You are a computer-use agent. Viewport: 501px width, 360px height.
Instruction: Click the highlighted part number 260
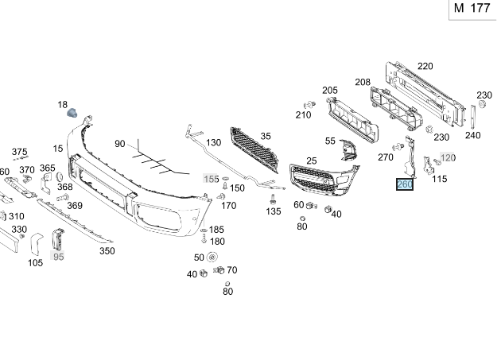405,184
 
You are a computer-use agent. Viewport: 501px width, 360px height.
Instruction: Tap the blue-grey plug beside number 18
72,113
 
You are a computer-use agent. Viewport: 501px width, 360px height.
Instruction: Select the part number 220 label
425,66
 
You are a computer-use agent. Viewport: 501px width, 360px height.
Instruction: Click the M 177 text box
473,10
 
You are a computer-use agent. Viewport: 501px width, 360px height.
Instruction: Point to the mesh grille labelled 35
254,149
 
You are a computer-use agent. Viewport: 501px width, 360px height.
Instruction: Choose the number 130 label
213,142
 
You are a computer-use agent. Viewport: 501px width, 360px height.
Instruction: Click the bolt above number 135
273,199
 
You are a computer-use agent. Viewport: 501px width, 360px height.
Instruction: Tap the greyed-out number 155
211,179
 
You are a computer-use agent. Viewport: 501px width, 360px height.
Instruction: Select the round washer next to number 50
212,257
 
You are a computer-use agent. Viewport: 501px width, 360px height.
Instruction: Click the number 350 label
107,251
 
